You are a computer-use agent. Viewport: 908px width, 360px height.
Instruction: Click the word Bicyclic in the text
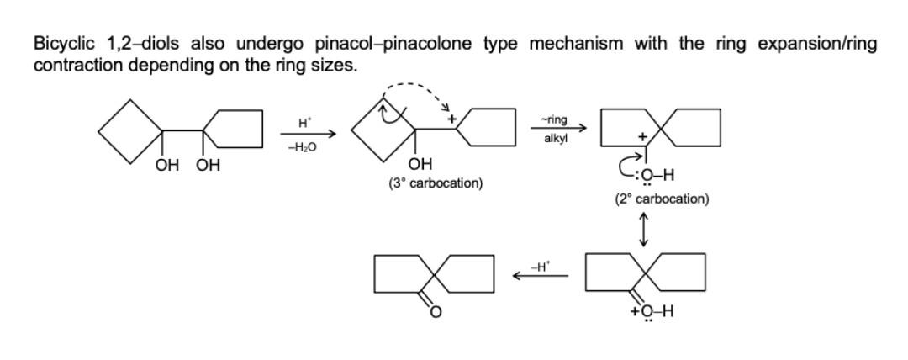(61, 45)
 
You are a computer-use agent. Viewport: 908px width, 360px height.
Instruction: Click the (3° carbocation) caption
(436, 183)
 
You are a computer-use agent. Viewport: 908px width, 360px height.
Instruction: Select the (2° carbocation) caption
(661, 199)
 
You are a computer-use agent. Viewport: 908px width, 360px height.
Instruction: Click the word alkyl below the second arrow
(555, 138)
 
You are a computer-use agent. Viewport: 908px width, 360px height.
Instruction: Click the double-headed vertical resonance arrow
(644, 228)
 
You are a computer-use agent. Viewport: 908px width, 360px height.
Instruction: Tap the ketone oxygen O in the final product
(435, 314)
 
